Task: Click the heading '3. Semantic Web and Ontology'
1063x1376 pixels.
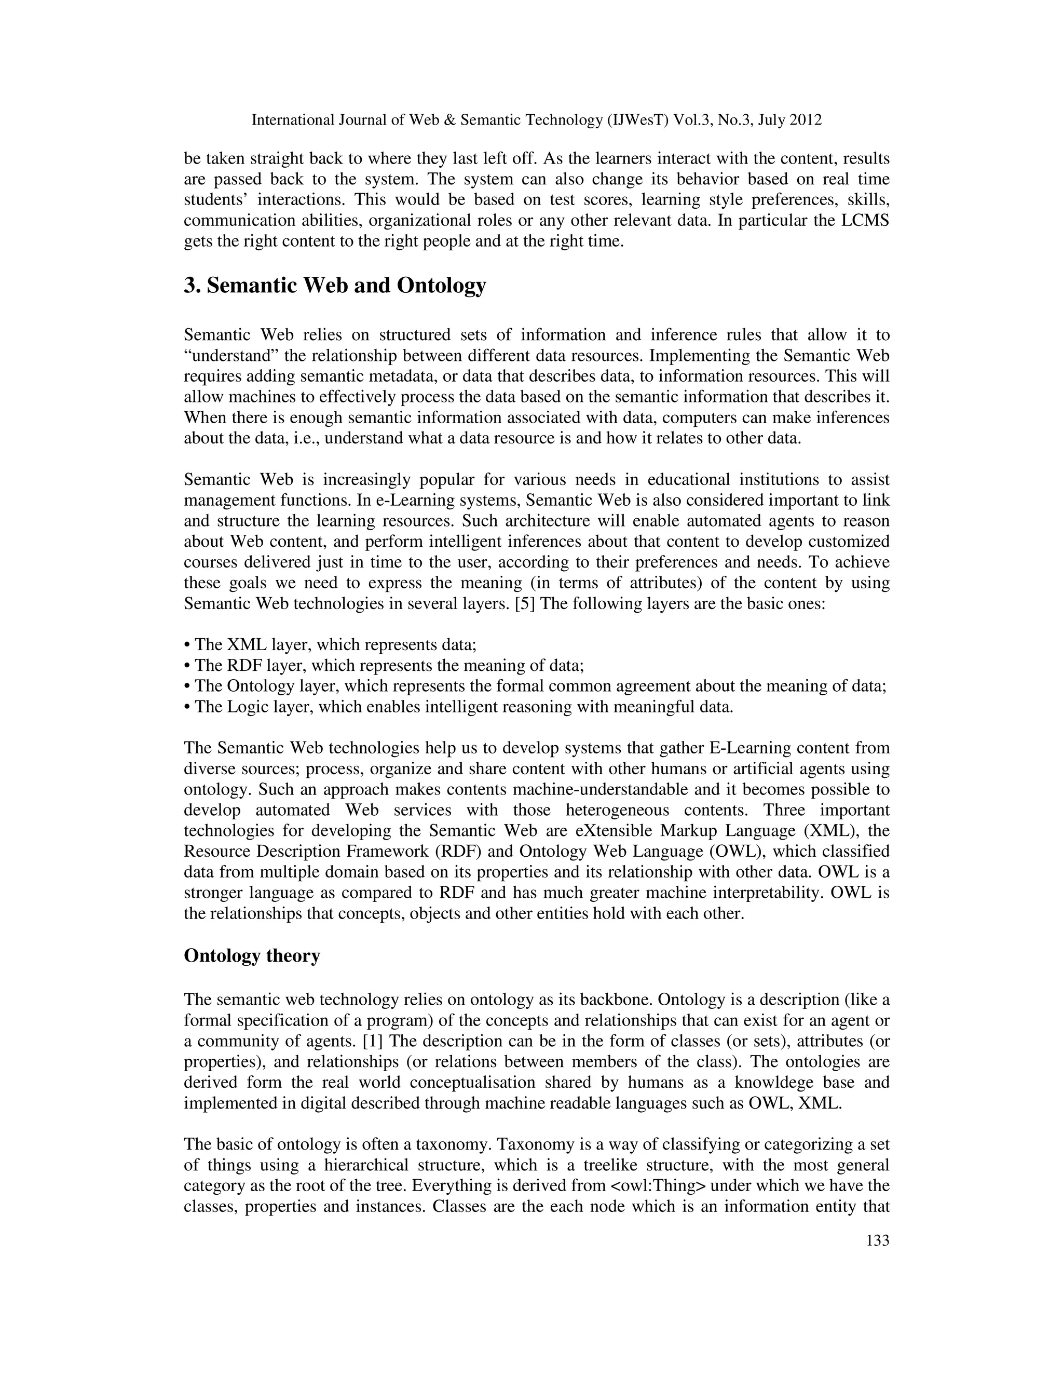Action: click(x=334, y=286)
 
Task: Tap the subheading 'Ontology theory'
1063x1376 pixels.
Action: click(x=252, y=956)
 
